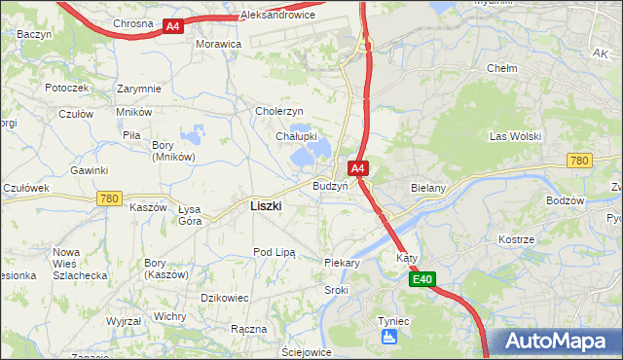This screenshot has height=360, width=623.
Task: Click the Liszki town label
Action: pyautogui.click(x=266, y=205)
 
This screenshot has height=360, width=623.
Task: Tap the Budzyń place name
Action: pyautogui.click(x=330, y=185)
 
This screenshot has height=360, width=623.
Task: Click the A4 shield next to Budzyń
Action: pyautogui.click(x=358, y=168)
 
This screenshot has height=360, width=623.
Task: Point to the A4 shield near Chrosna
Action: pyautogui.click(x=172, y=26)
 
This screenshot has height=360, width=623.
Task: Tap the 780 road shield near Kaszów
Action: pyautogui.click(x=109, y=198)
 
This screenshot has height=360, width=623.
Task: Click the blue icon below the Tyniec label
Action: pyautogui.click(x=388, y=337)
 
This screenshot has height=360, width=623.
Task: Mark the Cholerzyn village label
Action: pyautogui.click(x=279, y=111)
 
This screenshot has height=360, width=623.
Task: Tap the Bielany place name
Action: pyautogui.click(x=428, y=186)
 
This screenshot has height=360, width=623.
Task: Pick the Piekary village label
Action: pyautogui.click(x=342, y=263)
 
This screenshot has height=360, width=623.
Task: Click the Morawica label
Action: pyautogui.click(x=218, y=45)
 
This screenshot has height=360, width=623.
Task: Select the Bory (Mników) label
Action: pyautogui.click(x=173, y=151)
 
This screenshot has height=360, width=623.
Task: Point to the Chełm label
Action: pyautogui.click(x=501, y=69)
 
